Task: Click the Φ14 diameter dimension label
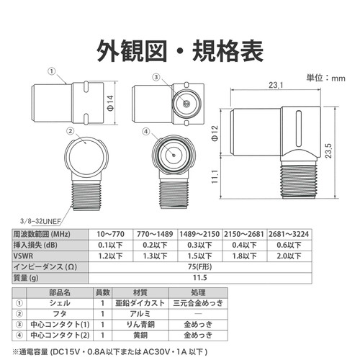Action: point(110,103)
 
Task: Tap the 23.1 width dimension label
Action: point(276,85)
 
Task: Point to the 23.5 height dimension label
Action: point(328,150)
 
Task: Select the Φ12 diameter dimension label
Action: point(215,133)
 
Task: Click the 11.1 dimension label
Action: point(215,176)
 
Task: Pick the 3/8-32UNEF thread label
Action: point(40,221)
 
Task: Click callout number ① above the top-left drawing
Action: point(52,71)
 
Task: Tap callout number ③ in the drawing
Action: point(156,77)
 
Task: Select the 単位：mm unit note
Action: point(325,78)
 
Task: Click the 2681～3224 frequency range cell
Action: point(289,234)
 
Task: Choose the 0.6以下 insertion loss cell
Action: point(289,245)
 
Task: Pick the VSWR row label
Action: point(23,256)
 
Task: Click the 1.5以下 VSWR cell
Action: point(199,256)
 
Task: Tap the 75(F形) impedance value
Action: point(200,266)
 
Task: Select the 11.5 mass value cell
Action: point(200,278)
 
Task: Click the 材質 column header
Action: point(140,292)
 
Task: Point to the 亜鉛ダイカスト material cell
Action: point(140,303)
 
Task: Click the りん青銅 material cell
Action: point(140,325)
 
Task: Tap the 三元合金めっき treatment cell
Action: point(198,303)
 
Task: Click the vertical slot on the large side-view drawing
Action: point(299,129)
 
